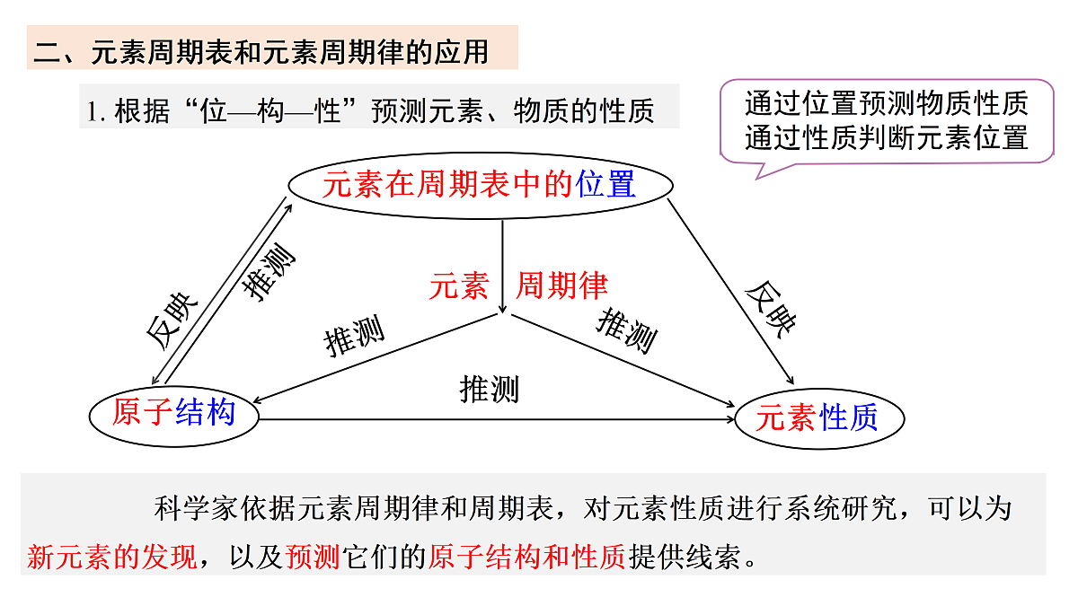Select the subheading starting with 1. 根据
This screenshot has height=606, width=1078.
point(370,110)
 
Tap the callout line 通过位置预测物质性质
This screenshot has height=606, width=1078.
point(887,103)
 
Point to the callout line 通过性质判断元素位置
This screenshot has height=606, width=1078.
point(887,137)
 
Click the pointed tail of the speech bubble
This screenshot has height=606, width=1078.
point(757,179)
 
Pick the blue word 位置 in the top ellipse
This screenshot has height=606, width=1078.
point(605,184)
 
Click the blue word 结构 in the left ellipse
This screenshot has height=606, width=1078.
point(206,412)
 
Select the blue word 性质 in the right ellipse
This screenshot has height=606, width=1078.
point(849,417)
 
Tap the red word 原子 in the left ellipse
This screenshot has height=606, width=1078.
point(143,412)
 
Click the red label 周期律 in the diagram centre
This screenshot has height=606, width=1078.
point(562,285)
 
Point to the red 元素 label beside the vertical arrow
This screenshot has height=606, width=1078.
point(459,285)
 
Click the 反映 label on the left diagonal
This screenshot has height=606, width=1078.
point(172,321)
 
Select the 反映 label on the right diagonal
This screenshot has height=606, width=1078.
point(771,310)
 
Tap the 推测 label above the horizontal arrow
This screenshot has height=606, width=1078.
point(489,389)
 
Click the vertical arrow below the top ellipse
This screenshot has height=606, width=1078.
point(502,267)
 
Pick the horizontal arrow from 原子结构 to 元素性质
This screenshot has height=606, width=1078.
point(497,419)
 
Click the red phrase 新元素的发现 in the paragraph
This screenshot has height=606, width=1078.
point(112,557)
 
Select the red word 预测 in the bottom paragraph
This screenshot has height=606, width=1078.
point(313,557)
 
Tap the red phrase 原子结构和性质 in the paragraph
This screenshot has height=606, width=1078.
point(527,557)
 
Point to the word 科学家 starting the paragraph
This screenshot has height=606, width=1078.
point(196,508)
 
